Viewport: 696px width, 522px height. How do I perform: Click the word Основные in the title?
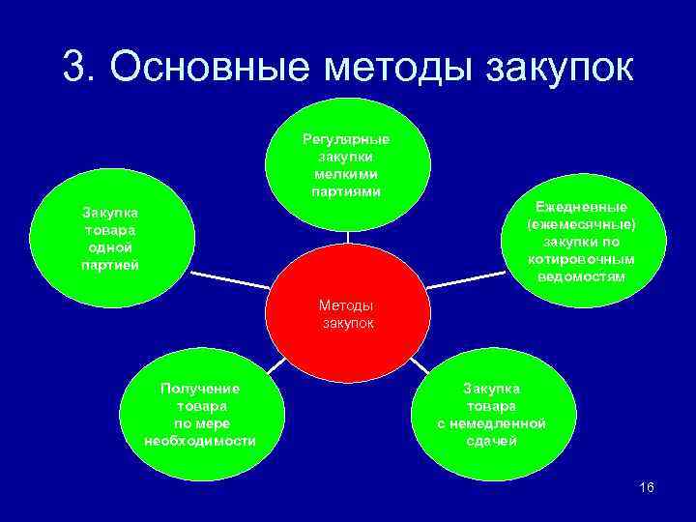point(210,67)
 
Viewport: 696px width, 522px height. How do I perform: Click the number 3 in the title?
point(74,67)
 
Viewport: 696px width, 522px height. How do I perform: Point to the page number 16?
point(647,487)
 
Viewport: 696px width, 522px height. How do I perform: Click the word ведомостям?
point(582,276)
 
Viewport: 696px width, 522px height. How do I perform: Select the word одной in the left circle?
point(109,247)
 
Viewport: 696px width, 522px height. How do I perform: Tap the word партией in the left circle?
point(109,265)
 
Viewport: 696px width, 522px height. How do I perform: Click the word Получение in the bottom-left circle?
point(200,389)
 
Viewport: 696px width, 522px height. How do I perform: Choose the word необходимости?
point(200,441)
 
